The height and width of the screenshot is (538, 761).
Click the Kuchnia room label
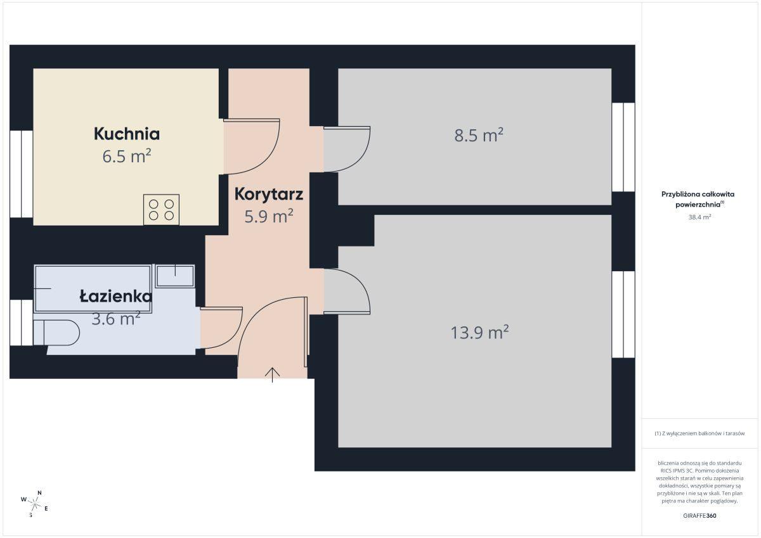click(x=127, y=134)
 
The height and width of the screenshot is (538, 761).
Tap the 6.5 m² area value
click(x=127, y=156)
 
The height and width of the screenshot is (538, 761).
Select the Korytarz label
click(x=269, y=195)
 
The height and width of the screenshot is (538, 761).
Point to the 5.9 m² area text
click(x=269, y=216)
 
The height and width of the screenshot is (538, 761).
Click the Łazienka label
click(x=116, y=297)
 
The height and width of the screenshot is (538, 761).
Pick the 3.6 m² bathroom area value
click(x=116, y=319)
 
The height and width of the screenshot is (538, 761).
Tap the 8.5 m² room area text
click(x=479, y=135)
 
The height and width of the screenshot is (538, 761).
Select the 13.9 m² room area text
click(x=479, y=332)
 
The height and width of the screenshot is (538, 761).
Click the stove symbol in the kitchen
click(x=161, y=210)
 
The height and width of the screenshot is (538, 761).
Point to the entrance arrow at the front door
click(x=273, y=375)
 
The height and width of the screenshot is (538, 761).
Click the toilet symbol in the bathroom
click(x=56, y=333)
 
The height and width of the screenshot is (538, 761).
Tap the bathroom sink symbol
click(x=175, y=276)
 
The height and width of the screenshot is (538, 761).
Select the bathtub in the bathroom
click(x=93, y=288)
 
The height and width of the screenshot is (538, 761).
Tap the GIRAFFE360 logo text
click(x=699, y=516)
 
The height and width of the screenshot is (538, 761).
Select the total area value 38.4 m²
click(x=699, y=217)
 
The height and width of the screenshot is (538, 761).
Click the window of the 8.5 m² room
click(x=623, y=147)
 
